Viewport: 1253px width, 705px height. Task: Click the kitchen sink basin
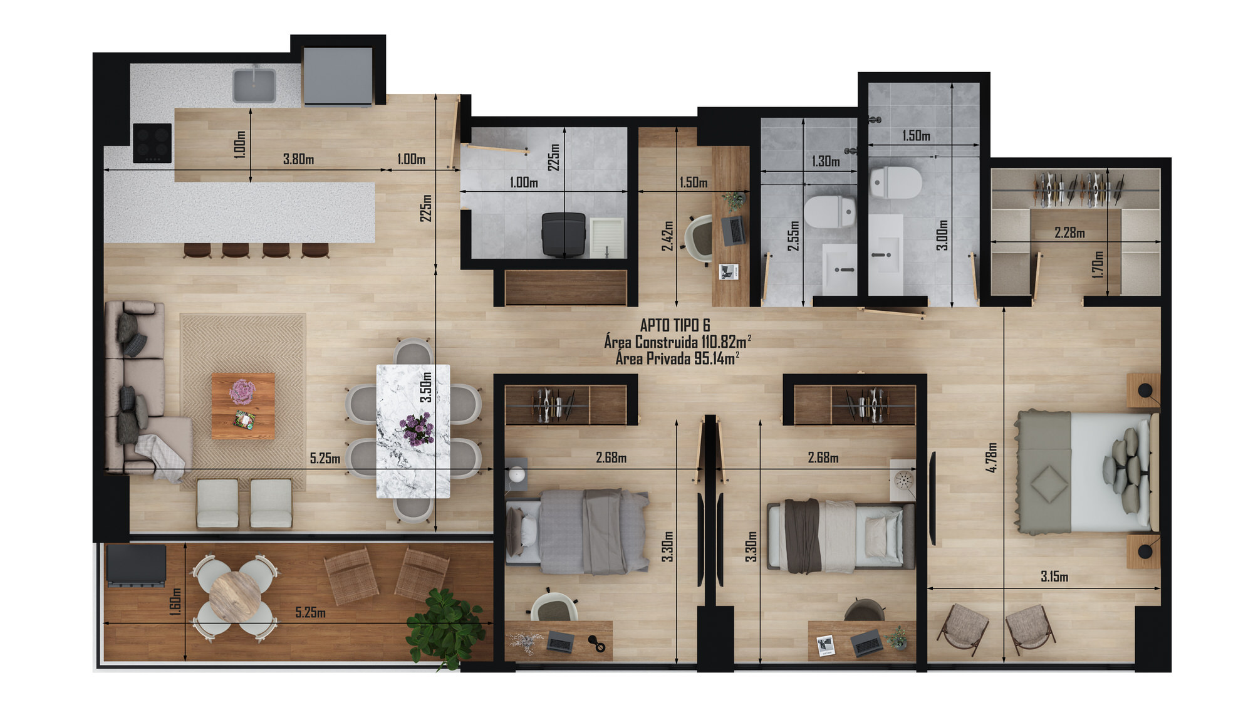click(254, 86)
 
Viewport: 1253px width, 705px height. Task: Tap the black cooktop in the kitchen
click(152, 143)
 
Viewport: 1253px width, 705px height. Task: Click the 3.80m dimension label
click(298, 159)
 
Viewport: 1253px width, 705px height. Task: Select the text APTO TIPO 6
click(675, 325)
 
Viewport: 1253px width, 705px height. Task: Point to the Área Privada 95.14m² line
click(677, 358)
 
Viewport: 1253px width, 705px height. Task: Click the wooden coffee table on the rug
click(243, 405)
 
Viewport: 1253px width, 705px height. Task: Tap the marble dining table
click(413, 431)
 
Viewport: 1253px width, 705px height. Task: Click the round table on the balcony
click(234, 597)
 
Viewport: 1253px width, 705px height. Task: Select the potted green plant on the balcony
click(446, 629)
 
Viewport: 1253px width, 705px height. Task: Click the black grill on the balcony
click(136, 565)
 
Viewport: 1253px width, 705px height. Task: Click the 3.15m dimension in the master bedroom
click(1054, 577)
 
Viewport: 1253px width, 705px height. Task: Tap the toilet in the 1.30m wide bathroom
click(829, 212)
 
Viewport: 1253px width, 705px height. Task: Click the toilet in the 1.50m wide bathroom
click(896, 182)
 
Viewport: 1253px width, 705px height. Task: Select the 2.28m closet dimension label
click(1069, 233)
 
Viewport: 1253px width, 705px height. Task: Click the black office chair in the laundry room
click(564, 234)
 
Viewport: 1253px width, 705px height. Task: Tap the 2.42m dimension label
click(667, 236)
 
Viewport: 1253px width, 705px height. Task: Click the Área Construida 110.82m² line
click(677, 342)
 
